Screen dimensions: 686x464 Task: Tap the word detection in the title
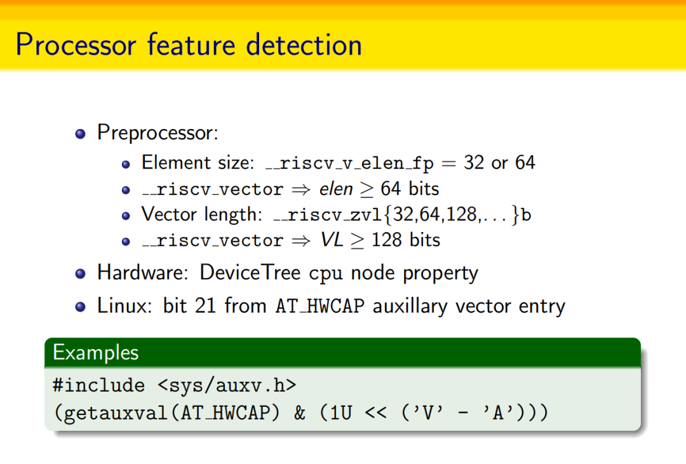pyautogui.click(x=304, y=44)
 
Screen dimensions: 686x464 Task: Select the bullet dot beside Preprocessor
pyautogui.click(x=80, y=133)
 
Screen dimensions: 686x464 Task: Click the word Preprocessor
pyautogui.click(x=158, y=133)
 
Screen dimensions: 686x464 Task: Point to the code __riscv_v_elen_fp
pyautogui.click(x=349, y=163)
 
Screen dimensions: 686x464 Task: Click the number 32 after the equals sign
pyautogui.click(x=474, y=163)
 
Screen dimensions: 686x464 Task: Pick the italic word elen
pyautogui.click(x=336, y=189)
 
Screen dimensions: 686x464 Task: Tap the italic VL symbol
pyautogui.click(x=332, y=240)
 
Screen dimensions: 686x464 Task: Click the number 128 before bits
pyautogui.click(x=386, y=240)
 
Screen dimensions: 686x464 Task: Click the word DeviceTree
pyautogui.click(x=250, y=272)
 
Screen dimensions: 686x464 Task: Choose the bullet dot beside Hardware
pyautogui.click(x=80, y=274)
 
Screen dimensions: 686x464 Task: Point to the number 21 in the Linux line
pyautogui.click(x=205, y=305)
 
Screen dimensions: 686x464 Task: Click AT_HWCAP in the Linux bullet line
pyautogui.click(x=320, y=306)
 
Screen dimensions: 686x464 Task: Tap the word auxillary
pyautogui.click(x=410, y=306)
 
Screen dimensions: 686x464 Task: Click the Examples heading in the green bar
pyautogui.click(x=96, y=352)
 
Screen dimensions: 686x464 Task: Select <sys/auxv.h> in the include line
pyautogui.click(x=227, y=385)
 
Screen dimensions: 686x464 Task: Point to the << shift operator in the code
pyautogui.click(x=375, y=413)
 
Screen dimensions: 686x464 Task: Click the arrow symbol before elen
pyautogui.click(x=301, y=189)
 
